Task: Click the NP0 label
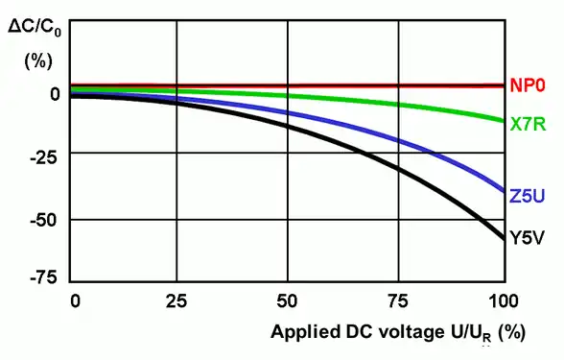(x=529, y=85)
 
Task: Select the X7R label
(x=529, y=124)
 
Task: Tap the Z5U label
(x=529, y=197)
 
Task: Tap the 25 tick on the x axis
(x=176, y=301)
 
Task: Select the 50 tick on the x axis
(x=287, y=301)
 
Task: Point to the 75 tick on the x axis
(x=395, y=301)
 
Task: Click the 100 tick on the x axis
(x=504, y=301)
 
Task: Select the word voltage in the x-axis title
(x=411, y=333)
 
